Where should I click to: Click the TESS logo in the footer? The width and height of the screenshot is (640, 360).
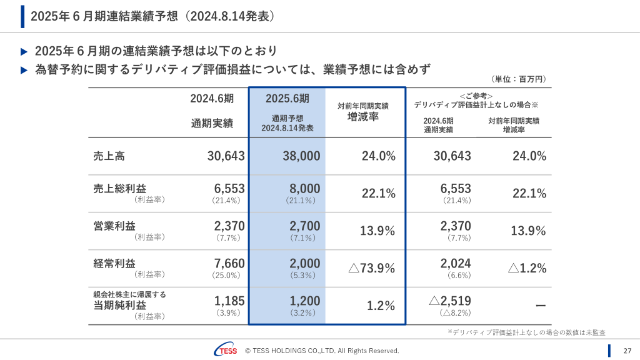(225, 351)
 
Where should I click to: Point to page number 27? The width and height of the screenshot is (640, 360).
(627, 351)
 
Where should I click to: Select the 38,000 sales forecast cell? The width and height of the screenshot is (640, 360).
(301, 156)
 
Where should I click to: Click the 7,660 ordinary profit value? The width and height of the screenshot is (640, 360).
(229, 264)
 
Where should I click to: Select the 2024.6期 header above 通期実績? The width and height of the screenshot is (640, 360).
(212, 98)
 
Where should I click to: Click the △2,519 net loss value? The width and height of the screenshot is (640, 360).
(450, 301)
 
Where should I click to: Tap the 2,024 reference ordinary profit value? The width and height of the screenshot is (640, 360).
(455, 264)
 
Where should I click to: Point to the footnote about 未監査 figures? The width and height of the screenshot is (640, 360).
(526, 332)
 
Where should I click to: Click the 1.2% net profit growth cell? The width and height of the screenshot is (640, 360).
(381, 306)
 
